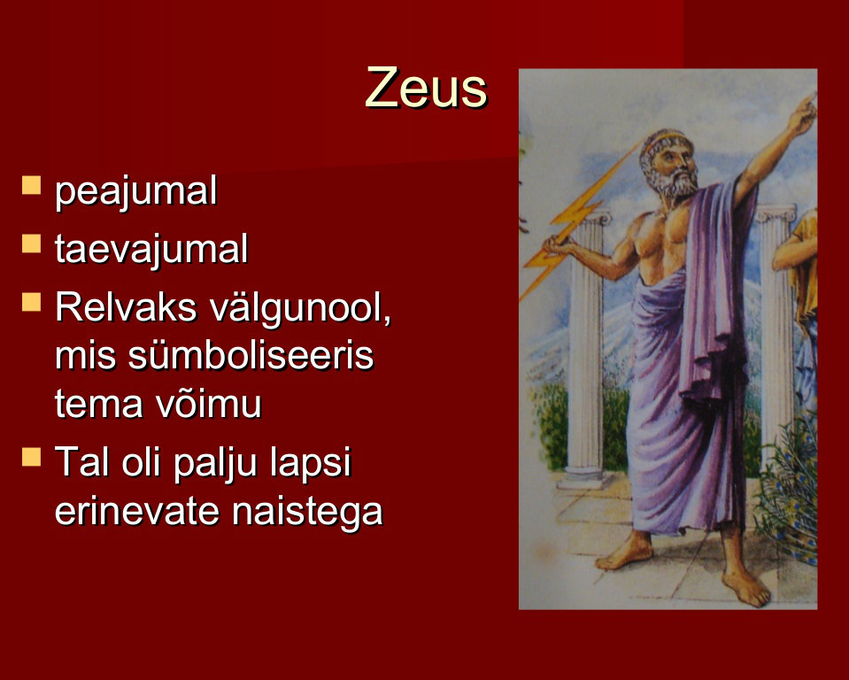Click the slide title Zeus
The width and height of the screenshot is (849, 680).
click(426, 87)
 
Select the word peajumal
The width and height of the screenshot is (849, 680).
click(136, 191)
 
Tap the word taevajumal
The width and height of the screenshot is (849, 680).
click(151, 249)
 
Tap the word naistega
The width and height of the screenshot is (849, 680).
click(307, 511)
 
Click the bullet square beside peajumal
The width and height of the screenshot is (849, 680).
click(31, 185)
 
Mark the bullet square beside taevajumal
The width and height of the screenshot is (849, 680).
click(31, 243)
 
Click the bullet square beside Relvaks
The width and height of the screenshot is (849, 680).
click(31, 302)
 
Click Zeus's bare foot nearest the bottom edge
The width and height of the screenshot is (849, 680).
click(746, 586)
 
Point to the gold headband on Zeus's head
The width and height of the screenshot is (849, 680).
click(668, 137)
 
